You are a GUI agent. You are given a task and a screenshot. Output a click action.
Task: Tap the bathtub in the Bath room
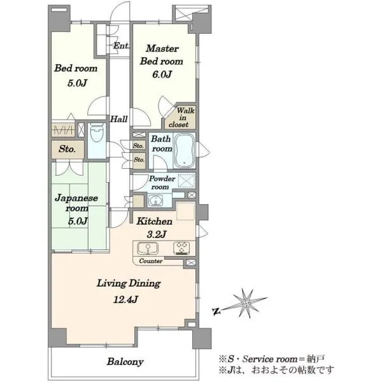185,150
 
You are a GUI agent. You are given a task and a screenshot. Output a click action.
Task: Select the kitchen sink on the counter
148,248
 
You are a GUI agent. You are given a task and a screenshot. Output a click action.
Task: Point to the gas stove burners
181,248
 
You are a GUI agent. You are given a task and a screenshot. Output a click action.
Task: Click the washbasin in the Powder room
155,201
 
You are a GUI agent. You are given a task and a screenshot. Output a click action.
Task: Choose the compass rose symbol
246,304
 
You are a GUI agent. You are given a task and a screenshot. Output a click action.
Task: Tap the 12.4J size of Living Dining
126,299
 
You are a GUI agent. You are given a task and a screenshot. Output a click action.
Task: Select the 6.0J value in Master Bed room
162,74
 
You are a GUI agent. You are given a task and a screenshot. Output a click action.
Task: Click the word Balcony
125,362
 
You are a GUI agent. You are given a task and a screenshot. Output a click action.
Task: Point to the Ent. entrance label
122,46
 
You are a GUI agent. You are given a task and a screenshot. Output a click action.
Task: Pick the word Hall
118,119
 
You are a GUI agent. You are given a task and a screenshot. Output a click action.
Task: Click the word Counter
150,261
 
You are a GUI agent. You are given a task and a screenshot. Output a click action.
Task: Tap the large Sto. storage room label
67,149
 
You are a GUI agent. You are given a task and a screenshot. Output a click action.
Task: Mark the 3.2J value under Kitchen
156,234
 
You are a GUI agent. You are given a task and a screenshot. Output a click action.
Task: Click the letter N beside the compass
216,311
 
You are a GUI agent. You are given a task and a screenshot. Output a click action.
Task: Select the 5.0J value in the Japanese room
78,221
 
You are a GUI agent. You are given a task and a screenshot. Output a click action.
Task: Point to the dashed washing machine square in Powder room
187,181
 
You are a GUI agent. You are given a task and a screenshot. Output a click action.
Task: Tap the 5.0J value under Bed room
77,83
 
